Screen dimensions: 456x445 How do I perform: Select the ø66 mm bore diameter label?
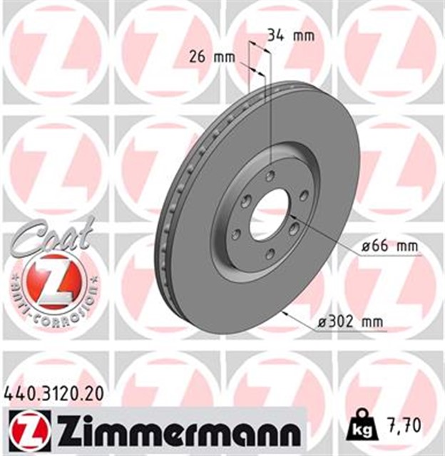click(389, 246)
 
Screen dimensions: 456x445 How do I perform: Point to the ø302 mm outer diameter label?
click(350, 323)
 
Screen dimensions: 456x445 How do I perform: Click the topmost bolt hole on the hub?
click(270, 175)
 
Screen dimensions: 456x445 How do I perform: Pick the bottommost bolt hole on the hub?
click(270, 254)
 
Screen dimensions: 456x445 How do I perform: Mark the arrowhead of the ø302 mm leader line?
click(285, 312)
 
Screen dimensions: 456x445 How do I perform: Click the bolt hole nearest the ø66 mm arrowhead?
click(294, 228)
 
